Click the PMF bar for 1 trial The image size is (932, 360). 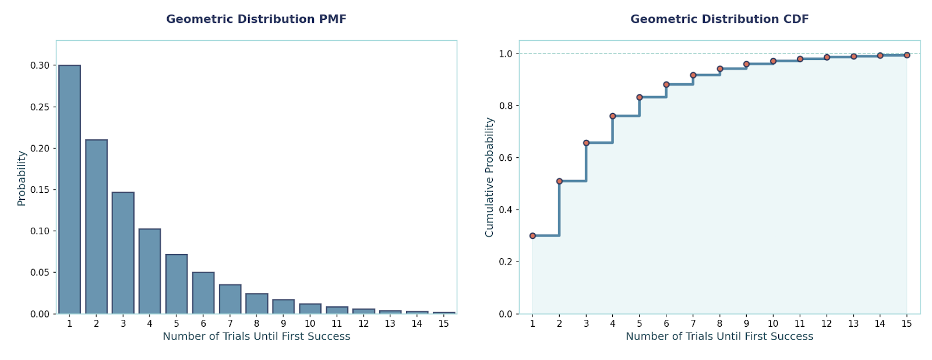(x=69, y=189)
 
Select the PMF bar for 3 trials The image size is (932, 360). (x=123, y=253)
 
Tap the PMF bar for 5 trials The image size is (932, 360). (x=176, y=284)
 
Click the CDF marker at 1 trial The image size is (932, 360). (x=532, y=236)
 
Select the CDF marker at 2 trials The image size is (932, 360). (x=559, y=181)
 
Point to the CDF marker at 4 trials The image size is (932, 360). (x=613, y=116)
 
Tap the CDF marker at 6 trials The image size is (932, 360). (x=666, y=84)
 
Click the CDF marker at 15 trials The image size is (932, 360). (x=907, y=55)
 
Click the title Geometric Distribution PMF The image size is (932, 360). (x=256, y=19)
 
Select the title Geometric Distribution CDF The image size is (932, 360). (x=719, y=19)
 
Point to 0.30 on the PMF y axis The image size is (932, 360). (x=40, y=65)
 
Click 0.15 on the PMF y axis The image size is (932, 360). (x=40, y=189)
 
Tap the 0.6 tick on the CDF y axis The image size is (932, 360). (x=506, y=158)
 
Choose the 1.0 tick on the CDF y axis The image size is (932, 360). (x=506, y=54)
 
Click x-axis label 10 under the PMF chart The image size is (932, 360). (x=310, y=324)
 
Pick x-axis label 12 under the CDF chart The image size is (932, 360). (x=827, y=324)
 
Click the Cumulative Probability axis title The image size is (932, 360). (x=489, y=177)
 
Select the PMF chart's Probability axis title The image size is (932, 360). (x=22, y=178)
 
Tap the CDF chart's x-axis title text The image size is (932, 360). (x=719, y=337)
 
